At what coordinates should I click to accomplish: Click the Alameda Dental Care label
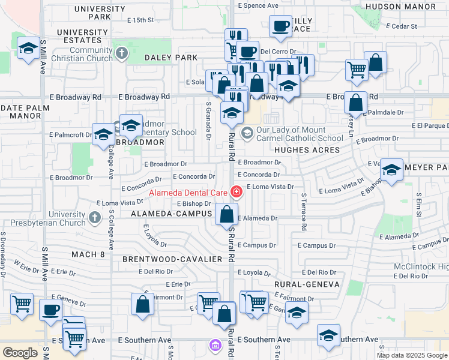point(187,193)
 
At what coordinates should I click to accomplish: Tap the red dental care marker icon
point(237,192)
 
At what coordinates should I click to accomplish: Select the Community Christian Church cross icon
point(122,53)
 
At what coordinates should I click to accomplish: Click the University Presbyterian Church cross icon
point(95,217)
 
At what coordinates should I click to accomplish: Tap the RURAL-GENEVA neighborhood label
point(307,284)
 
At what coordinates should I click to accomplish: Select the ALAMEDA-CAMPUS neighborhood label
point(172,214)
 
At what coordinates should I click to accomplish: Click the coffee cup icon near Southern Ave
point(50,310)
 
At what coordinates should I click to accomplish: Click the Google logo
point(20,353)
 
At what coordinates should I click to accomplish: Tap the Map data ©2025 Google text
point(412,355)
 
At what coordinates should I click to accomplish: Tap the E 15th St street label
point(136,20)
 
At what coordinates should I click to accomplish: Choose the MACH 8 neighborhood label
point(88,255)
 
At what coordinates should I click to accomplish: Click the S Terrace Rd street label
point(304,212)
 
